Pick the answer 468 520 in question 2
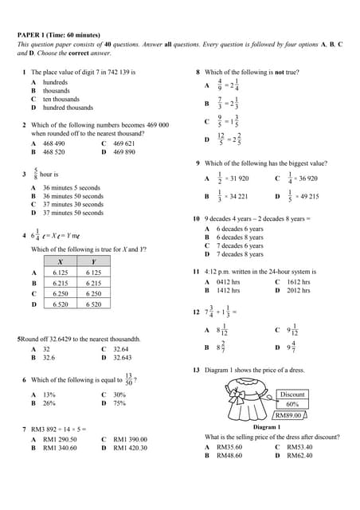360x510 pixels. point(54,151)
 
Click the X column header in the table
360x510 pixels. point(61,261)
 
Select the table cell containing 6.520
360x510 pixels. point(61,304)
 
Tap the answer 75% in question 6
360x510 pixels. point(119,403)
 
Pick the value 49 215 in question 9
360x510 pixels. point(307,196)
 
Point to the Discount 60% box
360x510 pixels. point(292,399)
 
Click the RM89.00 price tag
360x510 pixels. point(288,415)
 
